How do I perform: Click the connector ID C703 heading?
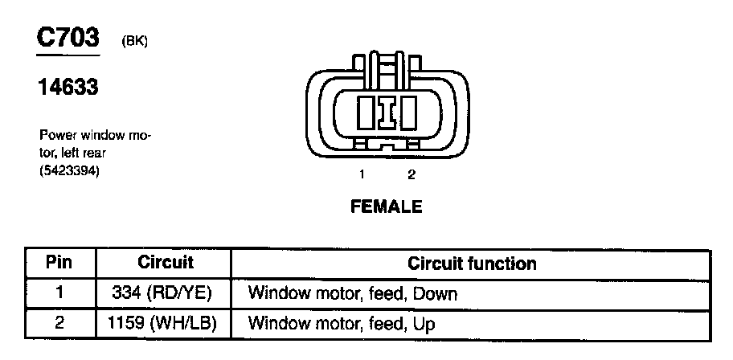[68, 38]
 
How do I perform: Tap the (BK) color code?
[134, 42]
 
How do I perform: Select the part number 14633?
[68, 87]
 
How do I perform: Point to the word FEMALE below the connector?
[386, 207]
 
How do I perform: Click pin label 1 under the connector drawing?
[362, 174]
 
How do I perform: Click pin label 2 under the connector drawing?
[411, 174]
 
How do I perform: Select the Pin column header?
[59, 263]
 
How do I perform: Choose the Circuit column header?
[166, 263]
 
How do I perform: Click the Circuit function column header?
[472, 263]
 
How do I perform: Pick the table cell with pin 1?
[59, 293]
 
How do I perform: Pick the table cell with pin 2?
[59, 324]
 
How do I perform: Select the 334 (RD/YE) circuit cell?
[166, 293]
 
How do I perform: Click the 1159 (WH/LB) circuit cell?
[166, 324]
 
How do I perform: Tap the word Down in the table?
[435, 294]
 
